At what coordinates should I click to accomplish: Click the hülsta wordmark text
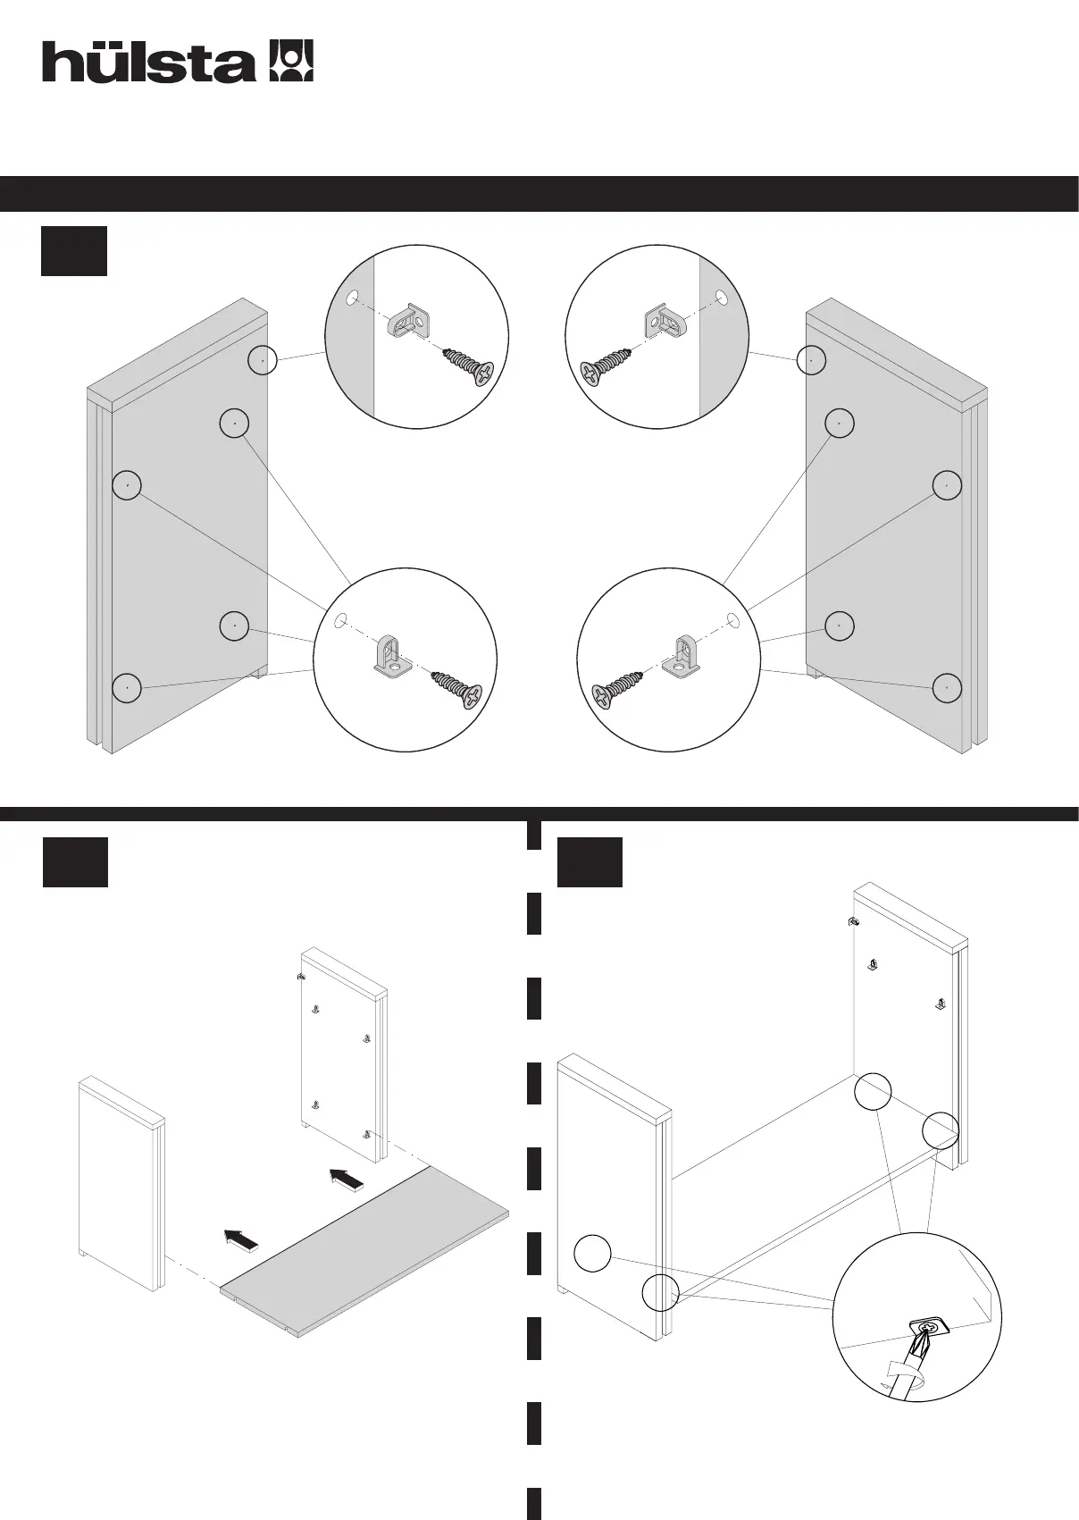148,63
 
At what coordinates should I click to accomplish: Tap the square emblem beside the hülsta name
291,61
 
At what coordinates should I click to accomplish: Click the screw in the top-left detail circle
467,365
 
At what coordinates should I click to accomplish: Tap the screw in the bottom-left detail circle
456,688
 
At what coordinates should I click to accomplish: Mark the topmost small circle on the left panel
262,360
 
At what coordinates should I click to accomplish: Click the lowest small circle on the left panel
127,688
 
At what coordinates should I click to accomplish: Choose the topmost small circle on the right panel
810,360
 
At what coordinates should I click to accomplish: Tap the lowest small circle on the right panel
947,688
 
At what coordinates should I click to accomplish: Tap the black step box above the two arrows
75,861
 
